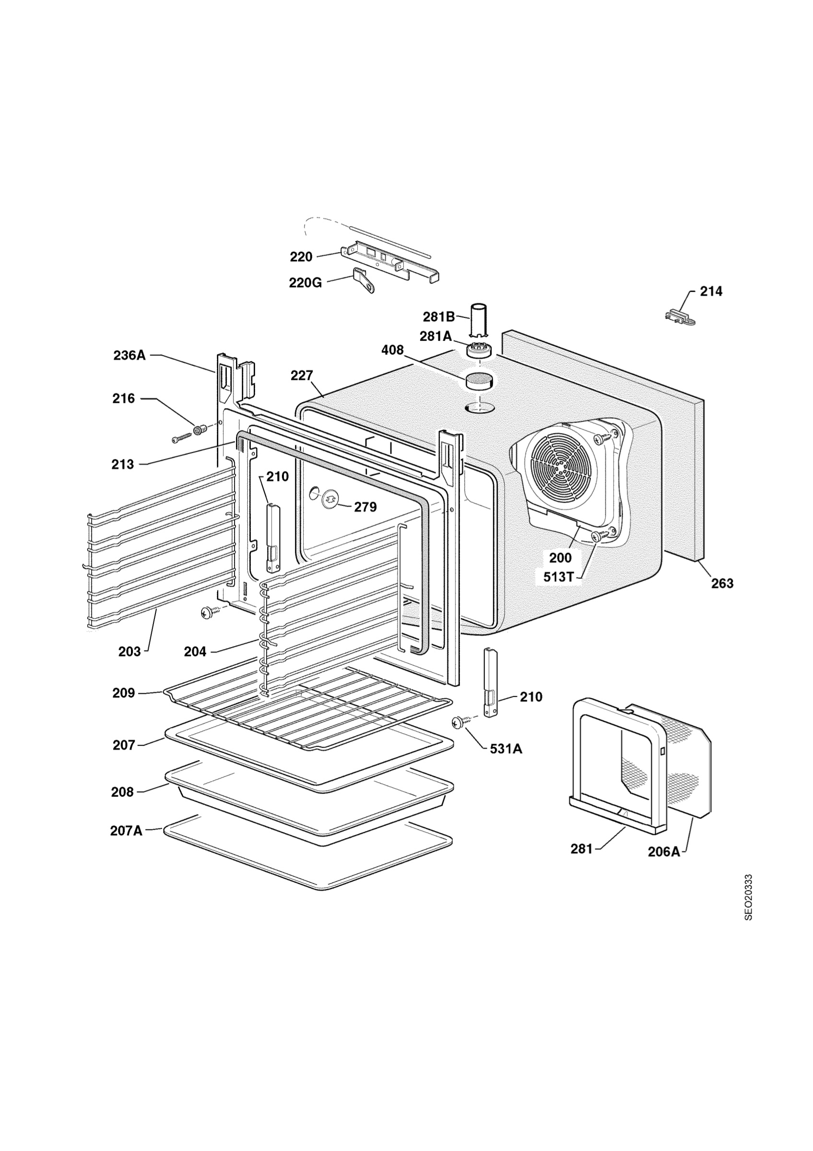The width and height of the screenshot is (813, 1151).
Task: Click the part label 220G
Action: [305, 283]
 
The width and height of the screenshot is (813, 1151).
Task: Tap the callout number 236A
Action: [130, 355]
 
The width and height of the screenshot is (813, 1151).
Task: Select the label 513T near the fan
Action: [558, 577]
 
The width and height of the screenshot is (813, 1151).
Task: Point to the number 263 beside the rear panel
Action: [722, 583]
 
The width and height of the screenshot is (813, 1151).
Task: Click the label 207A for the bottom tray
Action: [126, 831]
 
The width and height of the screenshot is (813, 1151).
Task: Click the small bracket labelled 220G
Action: [365, 281]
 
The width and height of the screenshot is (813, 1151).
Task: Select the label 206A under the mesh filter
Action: [664, 851]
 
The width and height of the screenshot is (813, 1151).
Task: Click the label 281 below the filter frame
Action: [581, 849]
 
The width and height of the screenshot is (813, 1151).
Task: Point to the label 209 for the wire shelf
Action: [124, 693]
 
